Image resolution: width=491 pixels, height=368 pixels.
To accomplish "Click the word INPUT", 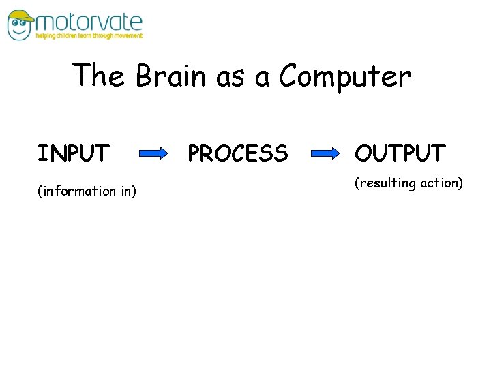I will click(73, 154).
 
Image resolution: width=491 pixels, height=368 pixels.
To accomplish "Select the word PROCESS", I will click(237, 154).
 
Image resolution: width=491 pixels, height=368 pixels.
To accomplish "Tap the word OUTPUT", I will click(400, 154).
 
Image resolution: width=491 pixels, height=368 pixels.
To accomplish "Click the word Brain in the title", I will click(170, 76).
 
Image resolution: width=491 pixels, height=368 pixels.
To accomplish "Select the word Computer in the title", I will click(345, 77).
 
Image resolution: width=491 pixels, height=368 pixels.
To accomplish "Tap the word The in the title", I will click(99, 76).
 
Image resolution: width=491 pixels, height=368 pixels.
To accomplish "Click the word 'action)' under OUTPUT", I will click(441, 183).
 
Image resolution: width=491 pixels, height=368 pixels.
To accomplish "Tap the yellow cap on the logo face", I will click(20, 14).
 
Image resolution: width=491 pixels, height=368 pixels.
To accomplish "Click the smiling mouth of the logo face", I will click(20, 31).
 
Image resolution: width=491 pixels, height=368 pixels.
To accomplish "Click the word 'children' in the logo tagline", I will click(67, 36).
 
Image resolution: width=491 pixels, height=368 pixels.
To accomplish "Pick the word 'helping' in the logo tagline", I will click(45, 36).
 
